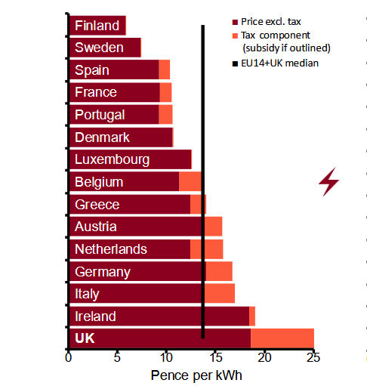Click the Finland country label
97,26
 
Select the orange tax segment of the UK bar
282,338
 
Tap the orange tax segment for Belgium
190,181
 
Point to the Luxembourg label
112,159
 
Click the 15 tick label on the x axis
216,357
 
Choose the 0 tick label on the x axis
68,357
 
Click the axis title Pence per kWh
196,375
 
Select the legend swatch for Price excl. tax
235,22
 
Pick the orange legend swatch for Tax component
235,36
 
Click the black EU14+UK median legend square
235,63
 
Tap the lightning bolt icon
329,182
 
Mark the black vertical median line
203,181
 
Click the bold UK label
85,338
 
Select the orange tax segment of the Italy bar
220,293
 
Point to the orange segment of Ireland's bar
252,316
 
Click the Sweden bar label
99,48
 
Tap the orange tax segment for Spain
165,69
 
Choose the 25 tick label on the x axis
313,357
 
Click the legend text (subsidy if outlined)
286,48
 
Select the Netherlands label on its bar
111,249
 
